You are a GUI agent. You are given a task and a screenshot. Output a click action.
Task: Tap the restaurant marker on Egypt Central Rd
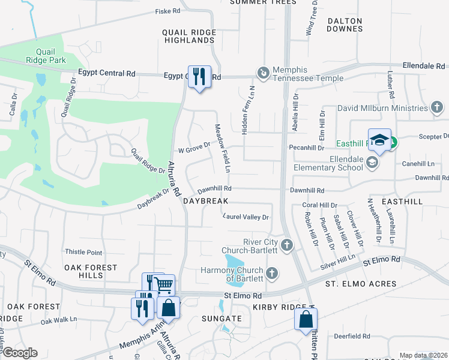pos(199,77)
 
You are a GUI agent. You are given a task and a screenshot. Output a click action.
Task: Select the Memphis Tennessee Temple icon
pos(263,73)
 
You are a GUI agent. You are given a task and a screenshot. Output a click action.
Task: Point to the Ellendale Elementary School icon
pos(372,163)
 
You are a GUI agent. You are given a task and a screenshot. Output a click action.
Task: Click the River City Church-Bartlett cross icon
pos(288,245)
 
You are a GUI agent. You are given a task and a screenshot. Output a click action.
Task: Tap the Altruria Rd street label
pos(175,179)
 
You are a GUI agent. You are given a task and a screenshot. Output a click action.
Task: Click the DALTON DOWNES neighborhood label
pos(345,25)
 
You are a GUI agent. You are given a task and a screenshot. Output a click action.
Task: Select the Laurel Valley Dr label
pos(246,217)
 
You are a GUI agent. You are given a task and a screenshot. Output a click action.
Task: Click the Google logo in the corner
pos(20,353)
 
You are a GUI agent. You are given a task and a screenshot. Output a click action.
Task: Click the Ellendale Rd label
pos(424,65)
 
